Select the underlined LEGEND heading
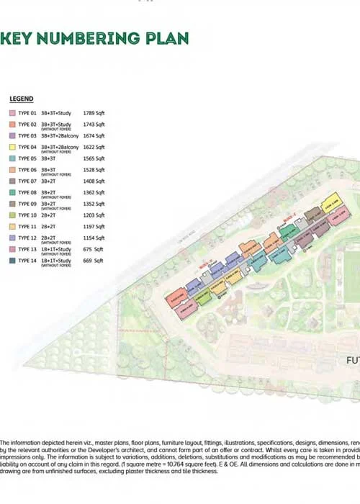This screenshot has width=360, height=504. [22, 99]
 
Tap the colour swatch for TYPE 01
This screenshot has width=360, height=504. [12, 113]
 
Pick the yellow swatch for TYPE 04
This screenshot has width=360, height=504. [12, 148]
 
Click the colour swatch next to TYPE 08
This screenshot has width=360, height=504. [12, 192]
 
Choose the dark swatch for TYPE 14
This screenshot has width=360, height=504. [12, 261]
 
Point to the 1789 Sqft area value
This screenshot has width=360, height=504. [94, 113]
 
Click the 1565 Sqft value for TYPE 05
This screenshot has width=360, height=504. [94, 158]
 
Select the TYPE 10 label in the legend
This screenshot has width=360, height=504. [27, 215]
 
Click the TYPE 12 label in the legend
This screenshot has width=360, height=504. [27, 238]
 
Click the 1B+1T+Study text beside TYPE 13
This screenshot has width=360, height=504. [55, 249]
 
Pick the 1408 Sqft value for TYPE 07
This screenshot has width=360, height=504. [94, 181]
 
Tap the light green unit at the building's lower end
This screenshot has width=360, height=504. [205, 295]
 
